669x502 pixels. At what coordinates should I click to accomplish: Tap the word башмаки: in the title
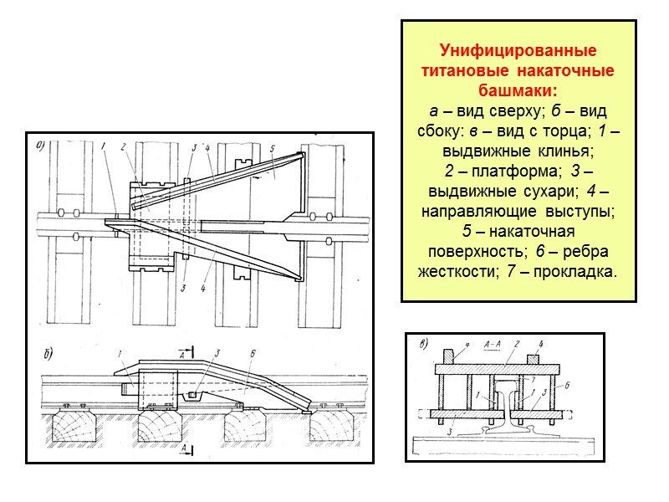click(x=518, y=90)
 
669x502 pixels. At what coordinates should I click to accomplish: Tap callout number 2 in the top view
click(x=122, y=148)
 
